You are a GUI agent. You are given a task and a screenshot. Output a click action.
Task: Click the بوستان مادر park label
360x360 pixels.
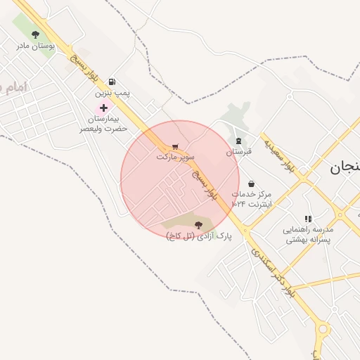coord(35,46)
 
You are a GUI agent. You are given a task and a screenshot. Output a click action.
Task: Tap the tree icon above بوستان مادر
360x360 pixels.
coord(35,34)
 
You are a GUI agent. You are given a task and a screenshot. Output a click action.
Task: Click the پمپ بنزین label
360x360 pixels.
coord(113,93)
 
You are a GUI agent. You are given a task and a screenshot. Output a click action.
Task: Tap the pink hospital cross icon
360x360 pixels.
coord(103,108)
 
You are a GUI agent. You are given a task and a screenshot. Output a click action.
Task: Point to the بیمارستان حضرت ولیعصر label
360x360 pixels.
coord(103,124)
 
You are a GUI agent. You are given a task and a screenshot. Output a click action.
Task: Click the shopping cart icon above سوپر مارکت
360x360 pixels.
coord(175,146)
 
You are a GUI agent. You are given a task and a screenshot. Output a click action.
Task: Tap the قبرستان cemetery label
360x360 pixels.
coord(238,152)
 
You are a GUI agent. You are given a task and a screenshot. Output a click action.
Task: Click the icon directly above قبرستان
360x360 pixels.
coord(238,141)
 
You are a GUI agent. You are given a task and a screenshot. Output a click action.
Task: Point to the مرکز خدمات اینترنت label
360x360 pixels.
coord(251,198)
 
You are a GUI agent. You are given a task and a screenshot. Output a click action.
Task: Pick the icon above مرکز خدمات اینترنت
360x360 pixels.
coord(251,184)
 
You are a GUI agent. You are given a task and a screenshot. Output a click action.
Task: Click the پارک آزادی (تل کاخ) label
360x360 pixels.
coord(199,236)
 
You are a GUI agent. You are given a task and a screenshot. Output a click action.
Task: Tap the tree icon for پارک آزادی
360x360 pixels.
coord(199,225)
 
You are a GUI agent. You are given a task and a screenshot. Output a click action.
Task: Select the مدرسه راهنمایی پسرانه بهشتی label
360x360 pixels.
coord(308,234)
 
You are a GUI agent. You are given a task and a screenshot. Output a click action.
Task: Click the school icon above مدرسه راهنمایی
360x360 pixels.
coord(308,219)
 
